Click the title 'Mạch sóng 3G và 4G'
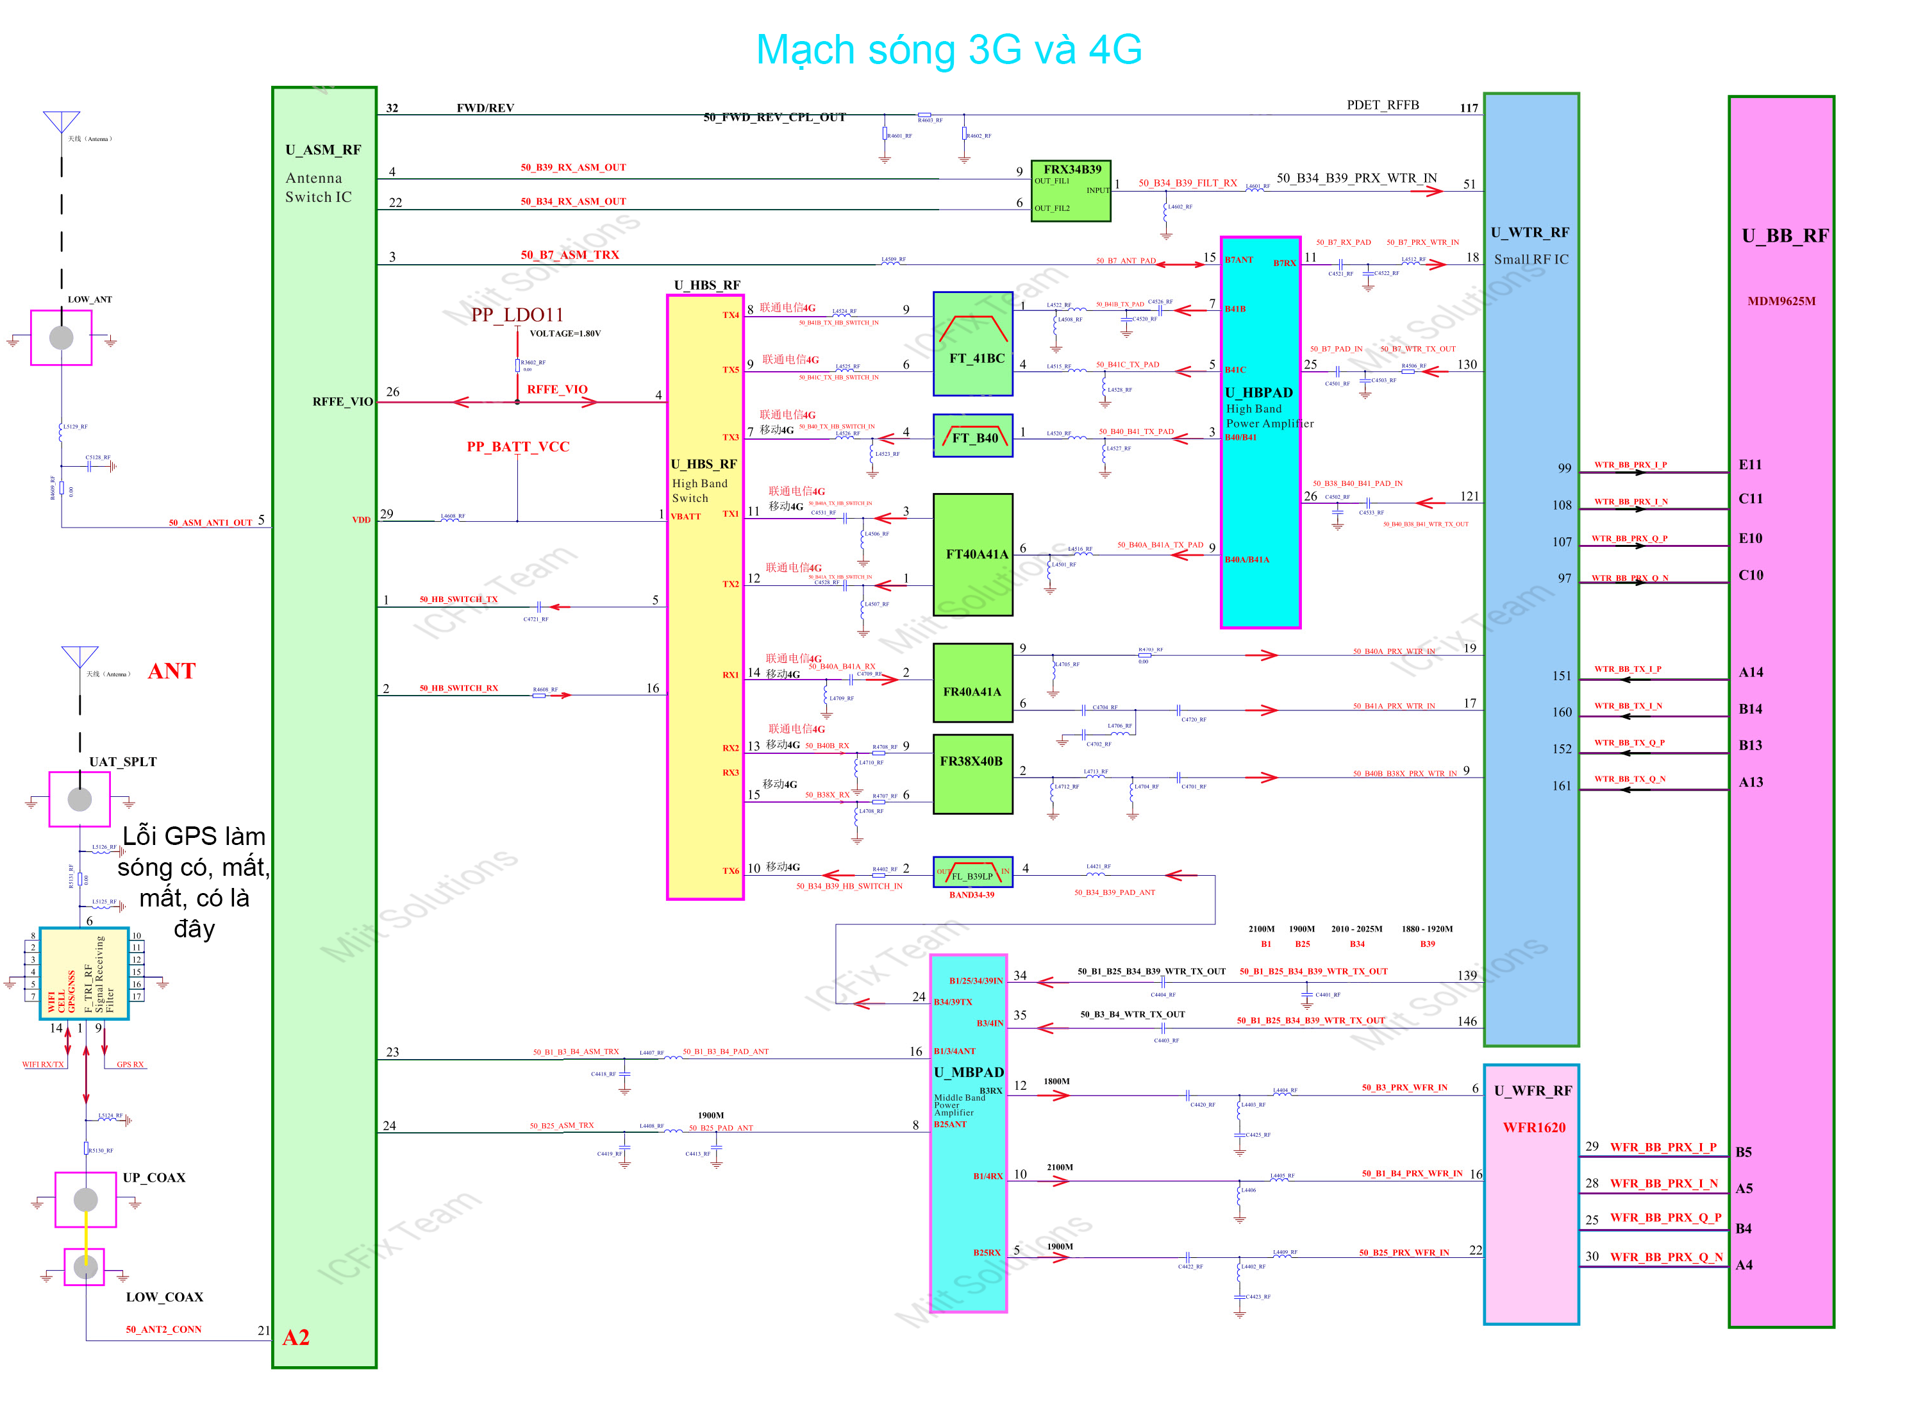point(949,49)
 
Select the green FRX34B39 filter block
point(1070,191)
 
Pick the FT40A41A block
point(972,555)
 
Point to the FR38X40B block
point(972,773)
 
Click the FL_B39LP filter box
point(972,873)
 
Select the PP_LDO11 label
point(517,315)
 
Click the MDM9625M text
point(1781,301)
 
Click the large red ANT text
point(171,671)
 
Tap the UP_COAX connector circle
point(85,1199)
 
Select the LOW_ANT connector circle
point(62,337)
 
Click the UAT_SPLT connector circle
point(79,799)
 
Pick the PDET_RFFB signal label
point(1382,105)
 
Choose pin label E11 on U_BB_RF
point(1750,464)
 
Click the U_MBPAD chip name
point(968,1072)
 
